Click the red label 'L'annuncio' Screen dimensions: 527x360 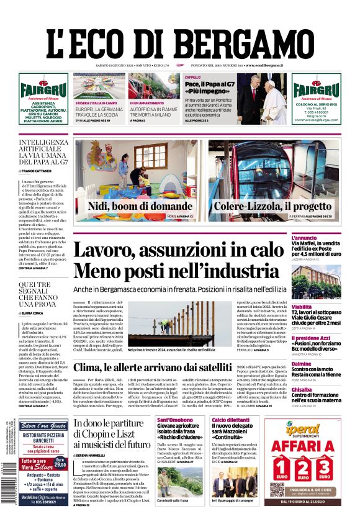click(321, 237)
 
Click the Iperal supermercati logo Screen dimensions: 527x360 click(308, 428)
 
